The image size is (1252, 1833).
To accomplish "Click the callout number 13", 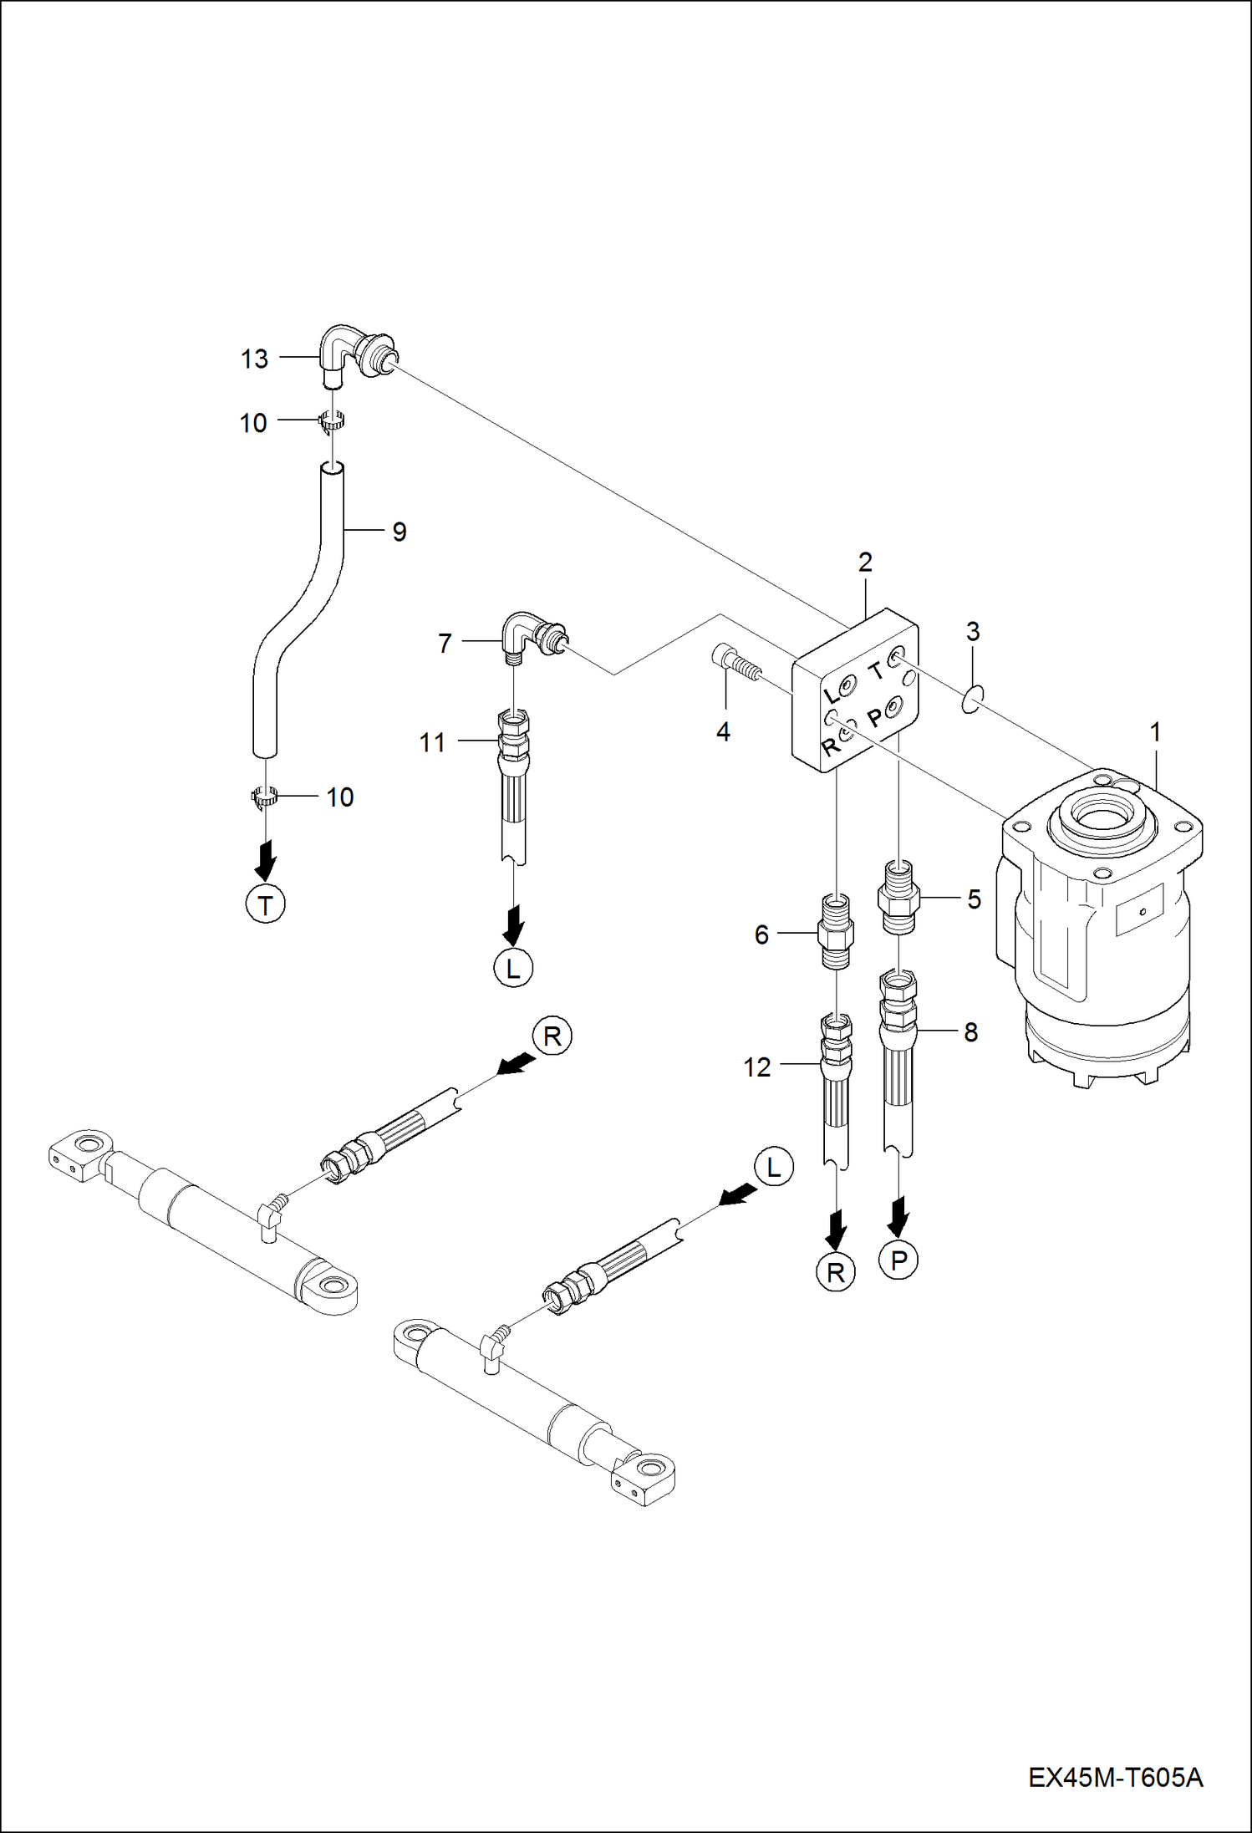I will coord(254,359).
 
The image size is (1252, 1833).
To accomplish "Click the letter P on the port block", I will coord(874,718).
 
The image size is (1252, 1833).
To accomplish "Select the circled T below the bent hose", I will coord(266,905).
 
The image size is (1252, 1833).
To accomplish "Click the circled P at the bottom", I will coord(898,1260).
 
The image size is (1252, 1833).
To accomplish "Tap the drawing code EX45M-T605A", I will coord(1115,1778).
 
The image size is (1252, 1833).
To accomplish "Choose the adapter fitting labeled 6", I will coord(836,932).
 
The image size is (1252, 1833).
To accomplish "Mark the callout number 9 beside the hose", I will coord(400,532).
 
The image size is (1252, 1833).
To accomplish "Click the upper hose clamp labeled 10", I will coord(333,422).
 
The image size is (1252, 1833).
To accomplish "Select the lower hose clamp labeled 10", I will coord(265,797).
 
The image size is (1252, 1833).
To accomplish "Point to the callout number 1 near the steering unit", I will coord(1155,733).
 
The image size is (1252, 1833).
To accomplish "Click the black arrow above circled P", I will coord(898,1216).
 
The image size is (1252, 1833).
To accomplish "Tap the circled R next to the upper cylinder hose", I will coord(552,1036).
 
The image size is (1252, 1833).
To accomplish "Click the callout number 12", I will coord(757,1067).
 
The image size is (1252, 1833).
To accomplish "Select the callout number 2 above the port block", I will coord(865,563).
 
